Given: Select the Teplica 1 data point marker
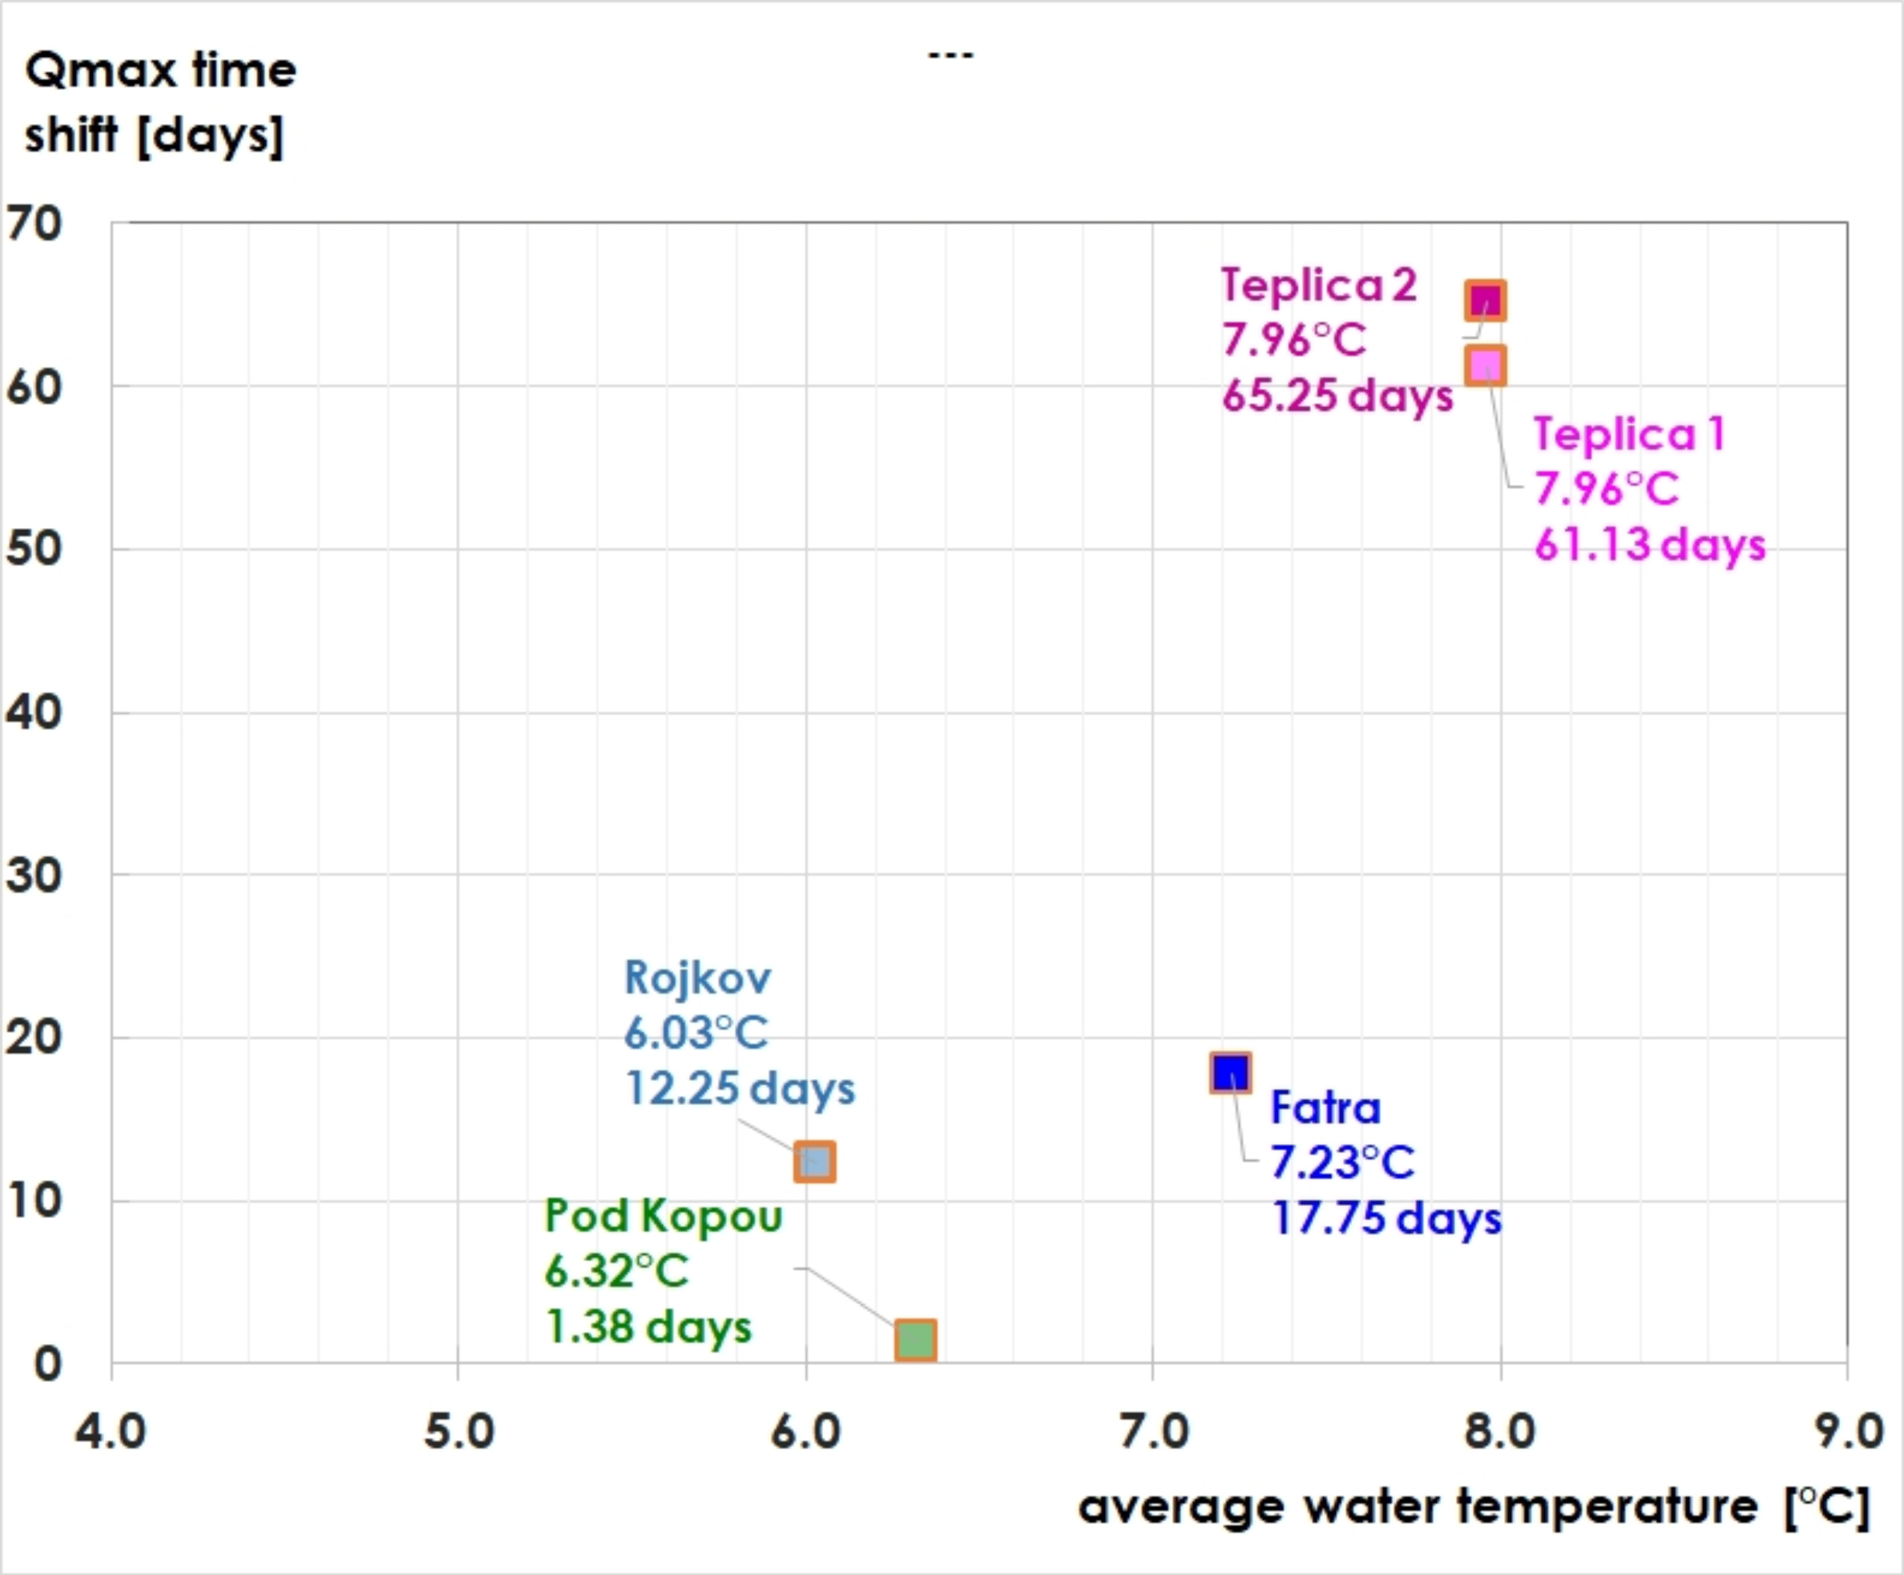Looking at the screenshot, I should click(x=1485, y=365).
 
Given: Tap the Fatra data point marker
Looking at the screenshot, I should click(x=1230, y=1073).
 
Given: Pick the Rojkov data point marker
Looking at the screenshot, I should click(x=814, y=1161).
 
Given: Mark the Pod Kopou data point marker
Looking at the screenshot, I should click(x=915, y=1339).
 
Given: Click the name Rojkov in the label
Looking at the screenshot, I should click(x=697, y=978).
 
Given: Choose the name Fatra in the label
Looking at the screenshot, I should click(x=1325, y=1107).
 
